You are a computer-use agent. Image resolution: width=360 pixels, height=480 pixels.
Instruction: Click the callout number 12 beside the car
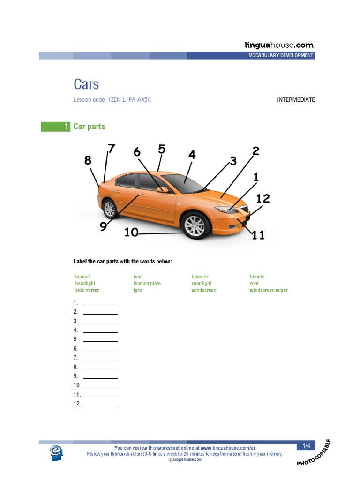point(263,199)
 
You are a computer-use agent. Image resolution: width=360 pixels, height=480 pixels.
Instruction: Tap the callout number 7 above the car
point(111,149)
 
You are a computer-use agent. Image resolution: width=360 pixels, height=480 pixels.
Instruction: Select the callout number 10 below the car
point(131,232)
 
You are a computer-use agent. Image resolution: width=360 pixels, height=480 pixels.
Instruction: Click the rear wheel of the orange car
point(109,209)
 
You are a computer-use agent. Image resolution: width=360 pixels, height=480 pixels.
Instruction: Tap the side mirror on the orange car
point(163,190)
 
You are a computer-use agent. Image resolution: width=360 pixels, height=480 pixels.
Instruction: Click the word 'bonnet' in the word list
point(82,277)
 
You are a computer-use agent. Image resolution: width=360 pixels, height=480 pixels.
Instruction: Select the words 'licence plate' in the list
point(147,284)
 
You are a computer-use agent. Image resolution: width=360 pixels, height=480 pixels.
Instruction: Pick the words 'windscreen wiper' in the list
point(269,290)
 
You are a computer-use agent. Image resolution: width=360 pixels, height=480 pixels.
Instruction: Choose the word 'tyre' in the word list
point(137,290)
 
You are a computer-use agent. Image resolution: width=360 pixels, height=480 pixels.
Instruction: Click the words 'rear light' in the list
point(201,284)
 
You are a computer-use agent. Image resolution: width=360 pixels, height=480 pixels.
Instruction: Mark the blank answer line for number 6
point(100,350)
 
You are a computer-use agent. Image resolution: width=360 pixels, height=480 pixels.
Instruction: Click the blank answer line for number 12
point(100,405)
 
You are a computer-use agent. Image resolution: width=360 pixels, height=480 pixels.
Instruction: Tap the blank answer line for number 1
point(100,305)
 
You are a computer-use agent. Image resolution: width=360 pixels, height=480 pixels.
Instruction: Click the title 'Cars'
point(86,84)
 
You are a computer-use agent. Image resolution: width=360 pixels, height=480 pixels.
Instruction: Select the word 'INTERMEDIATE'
point(296,100)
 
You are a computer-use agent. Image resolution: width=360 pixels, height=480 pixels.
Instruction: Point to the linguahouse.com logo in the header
point(279,45)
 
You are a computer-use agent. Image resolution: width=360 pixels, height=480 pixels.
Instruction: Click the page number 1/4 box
point(306,446)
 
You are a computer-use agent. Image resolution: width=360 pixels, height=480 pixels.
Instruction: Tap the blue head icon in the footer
point(57,453)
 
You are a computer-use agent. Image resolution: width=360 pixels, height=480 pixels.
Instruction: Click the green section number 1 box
point(56,127)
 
